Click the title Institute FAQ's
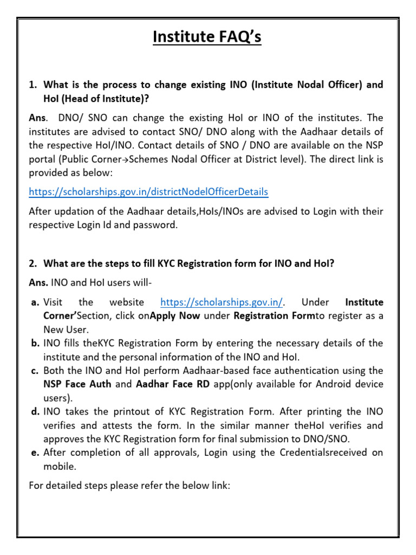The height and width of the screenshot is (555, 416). (x=207, y=37)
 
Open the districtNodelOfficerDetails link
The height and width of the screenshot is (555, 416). (x=148, y=192)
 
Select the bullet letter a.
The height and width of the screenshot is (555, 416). (x=35, y=302)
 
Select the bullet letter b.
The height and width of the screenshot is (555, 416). (x=35, y=343)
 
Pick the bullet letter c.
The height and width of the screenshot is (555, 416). (x=35, y=371)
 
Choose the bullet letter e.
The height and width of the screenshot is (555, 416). (x=35, y=453)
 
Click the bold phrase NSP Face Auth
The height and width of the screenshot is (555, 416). (x=77, y=384)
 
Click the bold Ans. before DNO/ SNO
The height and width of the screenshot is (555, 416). (x=38, y=118)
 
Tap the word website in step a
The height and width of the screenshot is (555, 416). (x=126, y=302)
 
